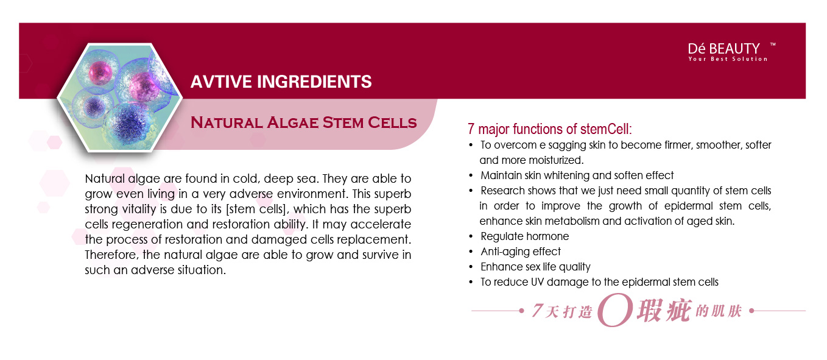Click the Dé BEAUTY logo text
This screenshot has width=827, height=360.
(x=723, y=49)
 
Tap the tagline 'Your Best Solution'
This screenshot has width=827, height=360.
(x=728, y=59)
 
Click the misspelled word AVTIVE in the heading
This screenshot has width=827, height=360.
(x=221, y=82)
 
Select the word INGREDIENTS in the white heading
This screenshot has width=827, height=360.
(x=314, y=82)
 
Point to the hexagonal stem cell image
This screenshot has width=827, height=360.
(x=120, y=97)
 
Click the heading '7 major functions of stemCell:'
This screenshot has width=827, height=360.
(x=550, y=129)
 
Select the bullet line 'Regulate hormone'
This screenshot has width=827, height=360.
(x=524, y=236)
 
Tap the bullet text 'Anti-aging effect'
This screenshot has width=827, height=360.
(x=521, y=252)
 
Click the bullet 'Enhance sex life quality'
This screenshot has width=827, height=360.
(x=535, y=267)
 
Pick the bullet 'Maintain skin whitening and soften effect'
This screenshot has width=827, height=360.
(x=577, y=175)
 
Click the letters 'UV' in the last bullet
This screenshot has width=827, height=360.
(x=537, y=282)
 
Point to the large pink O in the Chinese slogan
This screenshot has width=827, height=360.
(x=615, y=310)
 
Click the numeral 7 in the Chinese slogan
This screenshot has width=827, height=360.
(x=538, y=311)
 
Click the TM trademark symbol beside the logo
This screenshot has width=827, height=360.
(x=773, y=44)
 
